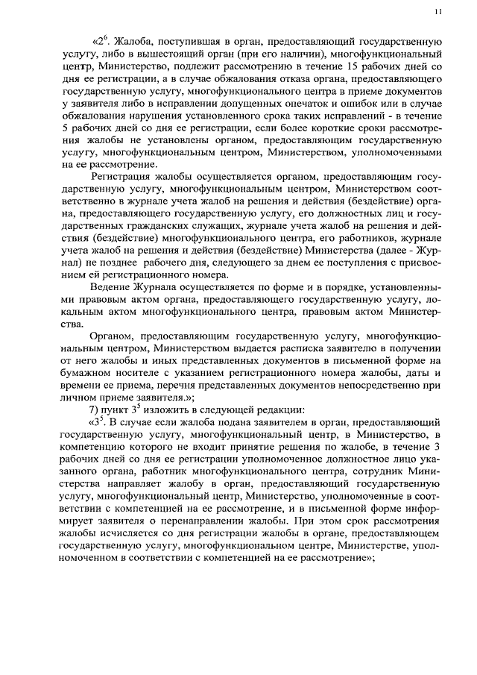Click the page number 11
[x=437, y=11]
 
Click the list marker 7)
[x=95, y=409]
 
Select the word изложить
[x=161, y=409]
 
